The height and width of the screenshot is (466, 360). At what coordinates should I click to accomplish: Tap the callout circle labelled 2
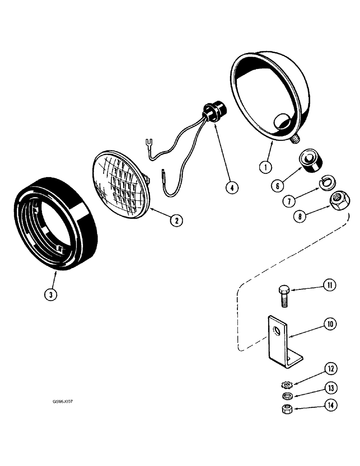[x=175, y=221]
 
